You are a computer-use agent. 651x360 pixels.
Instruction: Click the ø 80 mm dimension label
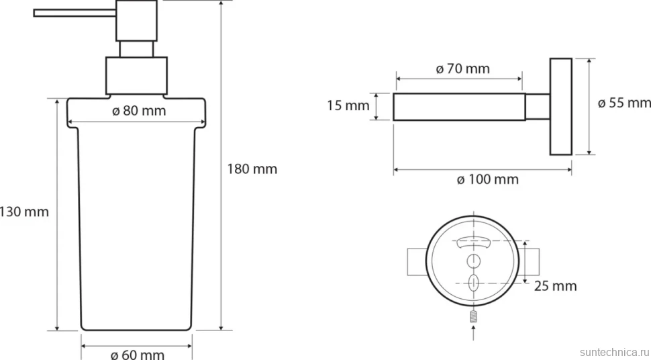point(139,111)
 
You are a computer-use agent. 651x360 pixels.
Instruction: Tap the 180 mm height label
point(252,169)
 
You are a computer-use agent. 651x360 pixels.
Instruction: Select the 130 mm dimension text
point(24,212)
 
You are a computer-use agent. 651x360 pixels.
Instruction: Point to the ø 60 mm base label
point(138,355)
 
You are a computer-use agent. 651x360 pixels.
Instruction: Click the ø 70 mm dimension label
point(463,69)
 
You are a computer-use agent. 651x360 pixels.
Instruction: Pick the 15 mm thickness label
point(348,105)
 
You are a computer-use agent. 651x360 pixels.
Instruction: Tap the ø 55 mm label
point(624,103)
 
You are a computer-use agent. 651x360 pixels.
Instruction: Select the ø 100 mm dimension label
point(488,179)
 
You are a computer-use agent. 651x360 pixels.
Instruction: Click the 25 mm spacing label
point(555,286)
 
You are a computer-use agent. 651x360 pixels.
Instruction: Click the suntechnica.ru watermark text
point(615,352)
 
